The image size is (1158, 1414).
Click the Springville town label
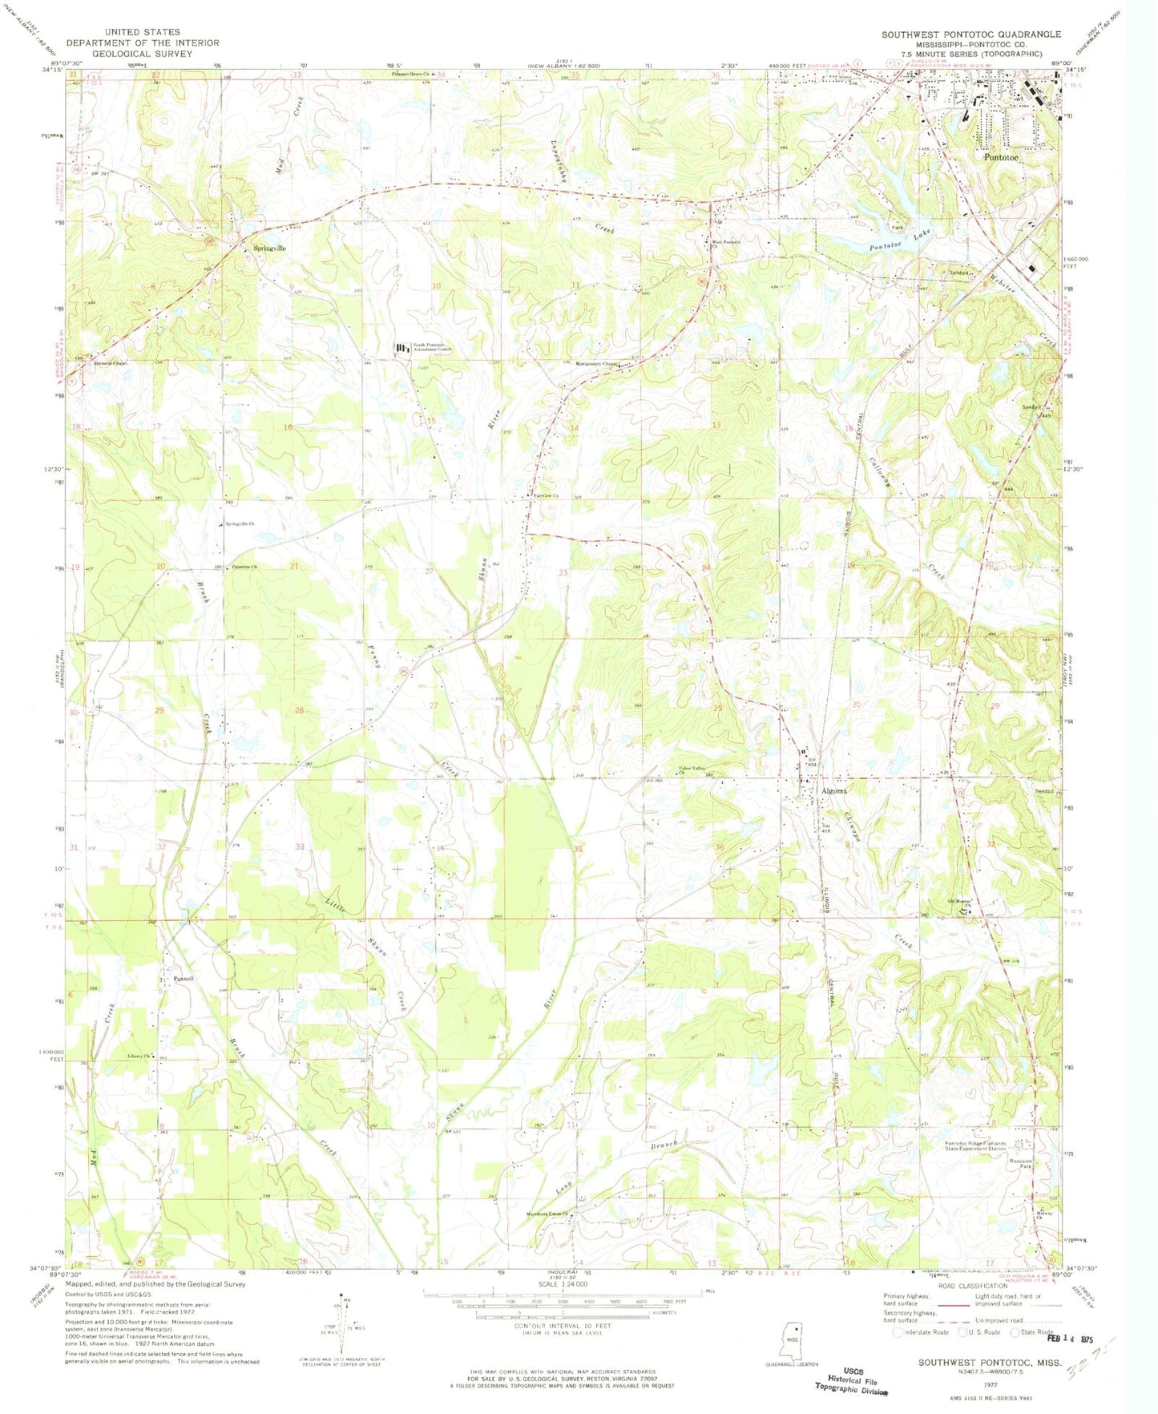269,248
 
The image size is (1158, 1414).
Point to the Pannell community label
184,979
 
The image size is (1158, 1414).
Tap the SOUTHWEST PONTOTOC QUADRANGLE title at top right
970,34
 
